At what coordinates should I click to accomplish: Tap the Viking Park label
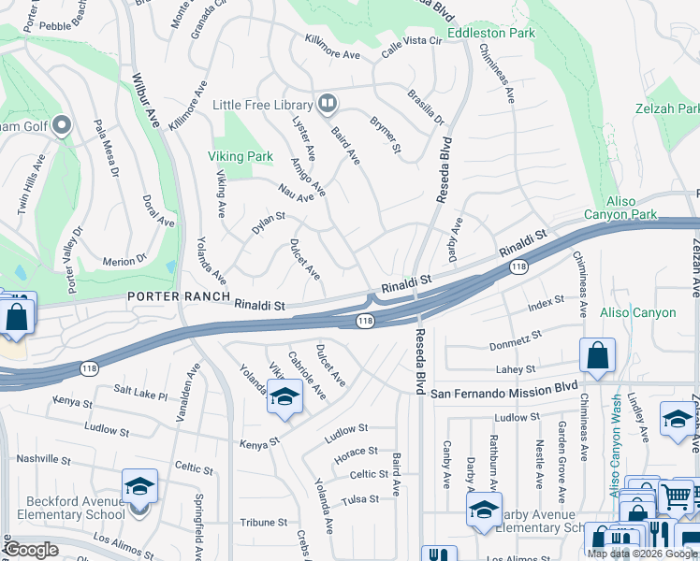click(x=241, y=156)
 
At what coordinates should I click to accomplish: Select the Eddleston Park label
click(x=490, y=33)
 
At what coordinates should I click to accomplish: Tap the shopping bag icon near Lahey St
click(x=597, y=356)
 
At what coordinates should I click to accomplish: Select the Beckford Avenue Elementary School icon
click(x=139, y=487)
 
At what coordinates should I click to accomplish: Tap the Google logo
click(x=31, y=550)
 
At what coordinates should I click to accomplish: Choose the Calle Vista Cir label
click(x=409, y=40)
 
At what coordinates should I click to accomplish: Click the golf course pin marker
click(x=62, y=124)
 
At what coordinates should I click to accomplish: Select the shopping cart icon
click(x=677, y=496)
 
